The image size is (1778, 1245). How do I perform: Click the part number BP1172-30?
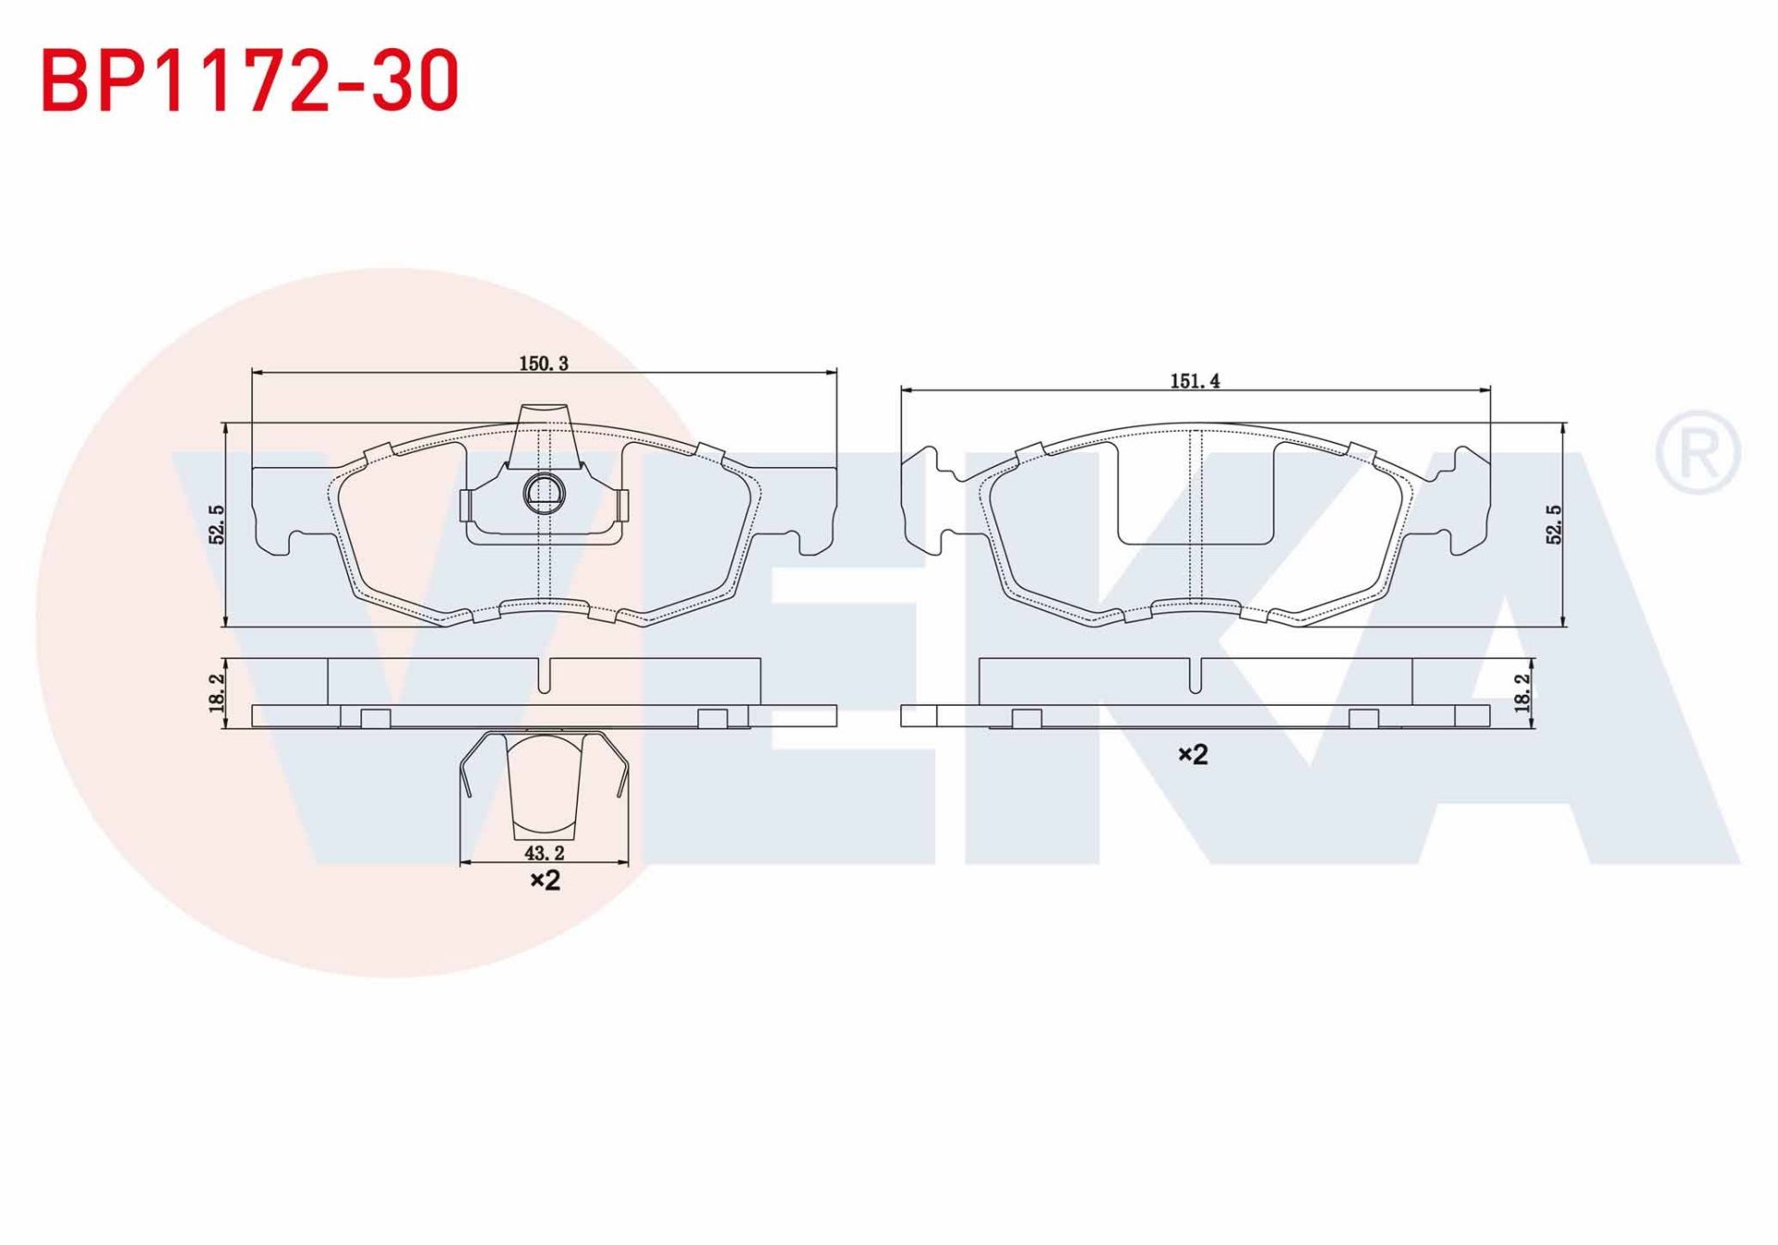tap(250, 82)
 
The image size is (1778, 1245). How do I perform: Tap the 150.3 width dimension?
tap(544, 363)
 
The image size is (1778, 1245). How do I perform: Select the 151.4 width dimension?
tap(1195, 381)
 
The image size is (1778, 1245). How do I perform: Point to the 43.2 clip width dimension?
tap(544, 852)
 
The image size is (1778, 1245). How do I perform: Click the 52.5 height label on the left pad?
tap(217, 524)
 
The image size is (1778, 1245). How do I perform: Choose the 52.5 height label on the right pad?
tap(1554, 524)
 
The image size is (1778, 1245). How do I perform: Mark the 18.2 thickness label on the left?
tap(217, 692)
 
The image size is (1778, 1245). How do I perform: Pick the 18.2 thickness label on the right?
tap(1521, 692)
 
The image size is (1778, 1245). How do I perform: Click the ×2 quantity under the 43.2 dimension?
tap(545, 880)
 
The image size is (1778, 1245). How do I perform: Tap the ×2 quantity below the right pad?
tap(1193, 755)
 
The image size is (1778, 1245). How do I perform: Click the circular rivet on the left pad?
tap(544, 492)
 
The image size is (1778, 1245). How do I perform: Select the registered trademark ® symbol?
tap(1697, 452)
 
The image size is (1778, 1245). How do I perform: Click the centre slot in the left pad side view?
tap(545, 676)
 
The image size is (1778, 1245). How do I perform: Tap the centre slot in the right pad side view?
tap(1196, 676)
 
